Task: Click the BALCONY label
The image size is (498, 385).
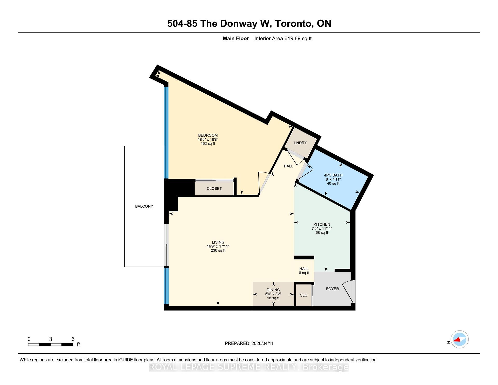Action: tap(144, 206)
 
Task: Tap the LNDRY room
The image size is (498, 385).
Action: tap(300, 143)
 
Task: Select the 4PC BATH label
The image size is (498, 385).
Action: tap(333, 175)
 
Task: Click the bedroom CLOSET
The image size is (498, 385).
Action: tap(214, 189)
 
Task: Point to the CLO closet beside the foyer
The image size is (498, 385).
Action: tap(303, 295)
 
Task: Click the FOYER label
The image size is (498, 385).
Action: tap(332, 289)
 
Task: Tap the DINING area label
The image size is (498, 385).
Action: tap(273, 290)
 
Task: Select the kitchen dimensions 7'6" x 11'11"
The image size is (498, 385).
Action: tap(322, 229)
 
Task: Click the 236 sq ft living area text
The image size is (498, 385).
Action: tap(218, 250)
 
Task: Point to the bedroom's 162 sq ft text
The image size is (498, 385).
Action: tap(208, 143)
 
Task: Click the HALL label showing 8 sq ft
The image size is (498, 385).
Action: tap(304, 271)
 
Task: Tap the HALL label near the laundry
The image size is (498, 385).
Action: tap(288, 166)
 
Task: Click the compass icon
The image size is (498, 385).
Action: tap(459, 339)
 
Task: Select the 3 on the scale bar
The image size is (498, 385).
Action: tap(51, 339)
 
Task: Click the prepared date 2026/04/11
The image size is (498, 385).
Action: tap(262, 343)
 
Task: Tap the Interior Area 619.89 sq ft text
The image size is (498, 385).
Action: tap(283, 38)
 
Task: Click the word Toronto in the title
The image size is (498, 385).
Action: tap(293, 23)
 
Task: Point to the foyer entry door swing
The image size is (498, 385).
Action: tap(348, 292)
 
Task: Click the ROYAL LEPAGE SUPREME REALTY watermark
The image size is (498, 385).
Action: tap(249, 367)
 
